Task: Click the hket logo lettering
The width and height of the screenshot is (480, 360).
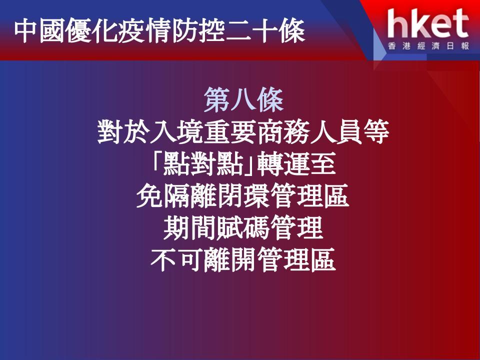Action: click(428, 23)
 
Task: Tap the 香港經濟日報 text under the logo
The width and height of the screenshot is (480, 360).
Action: click(428, 46)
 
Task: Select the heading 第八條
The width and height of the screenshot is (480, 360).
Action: click(243, 100)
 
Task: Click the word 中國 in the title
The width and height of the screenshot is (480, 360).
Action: click(40, 31)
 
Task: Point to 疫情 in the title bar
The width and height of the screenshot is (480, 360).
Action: click(145, 31)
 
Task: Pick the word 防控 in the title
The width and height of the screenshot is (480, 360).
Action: click(197, 31)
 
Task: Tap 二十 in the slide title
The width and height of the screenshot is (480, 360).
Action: click(250, 31)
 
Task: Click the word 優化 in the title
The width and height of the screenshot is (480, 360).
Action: click(92, 31)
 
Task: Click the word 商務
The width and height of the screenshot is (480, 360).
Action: click(283, 132)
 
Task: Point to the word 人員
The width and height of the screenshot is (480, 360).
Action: click(336, 132)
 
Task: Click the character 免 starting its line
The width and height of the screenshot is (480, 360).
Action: click(149, 196)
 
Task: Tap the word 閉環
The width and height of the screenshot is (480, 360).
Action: click(243, 196)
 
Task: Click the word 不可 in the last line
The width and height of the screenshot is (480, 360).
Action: click(176, 260)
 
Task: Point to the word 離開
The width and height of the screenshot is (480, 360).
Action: click(230, 260)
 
